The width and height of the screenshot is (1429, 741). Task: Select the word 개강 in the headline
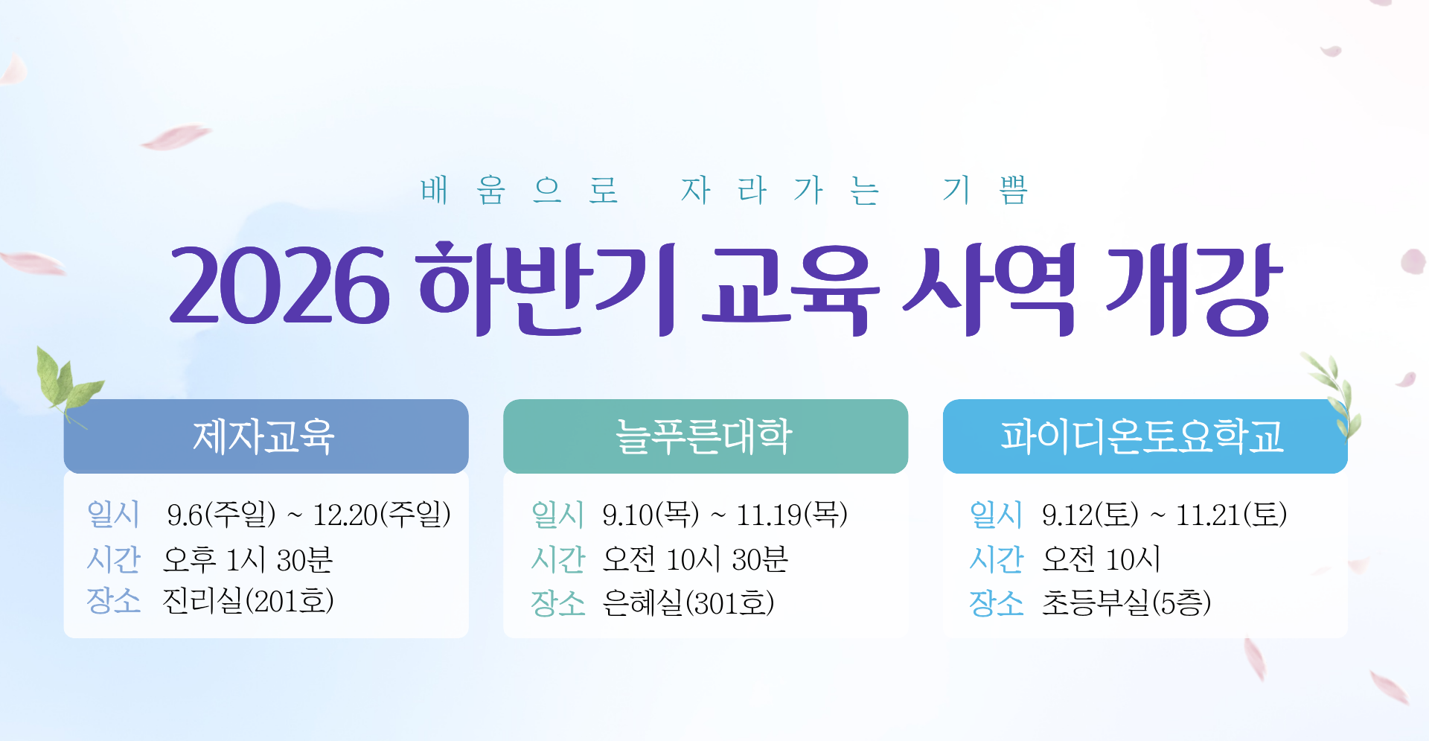click(x=1194, y=289)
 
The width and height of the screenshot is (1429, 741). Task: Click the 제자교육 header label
click(x=264, y=436)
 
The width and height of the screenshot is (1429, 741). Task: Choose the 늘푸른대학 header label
click(x=703, y=436)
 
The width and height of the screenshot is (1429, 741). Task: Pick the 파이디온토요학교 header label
click(x=1142, y=436)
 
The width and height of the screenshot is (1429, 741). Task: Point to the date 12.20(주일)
click(x=382, y=515)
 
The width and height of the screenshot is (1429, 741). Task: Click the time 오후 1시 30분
click(x=248, y=559)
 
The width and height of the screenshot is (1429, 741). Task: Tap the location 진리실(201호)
click(x=249, y=601)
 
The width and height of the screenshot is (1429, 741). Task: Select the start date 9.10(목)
click(x=651, y=515)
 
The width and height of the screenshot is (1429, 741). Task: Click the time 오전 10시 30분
click(x=695, y=559)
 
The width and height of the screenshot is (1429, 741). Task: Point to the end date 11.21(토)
click(x=1231, y=515)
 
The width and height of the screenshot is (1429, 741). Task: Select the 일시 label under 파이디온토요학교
click(x=996, y=515)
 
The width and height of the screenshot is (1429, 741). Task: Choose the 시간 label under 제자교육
click(x=113, y=559)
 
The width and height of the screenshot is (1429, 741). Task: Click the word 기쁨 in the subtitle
click(x=986, y=190)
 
